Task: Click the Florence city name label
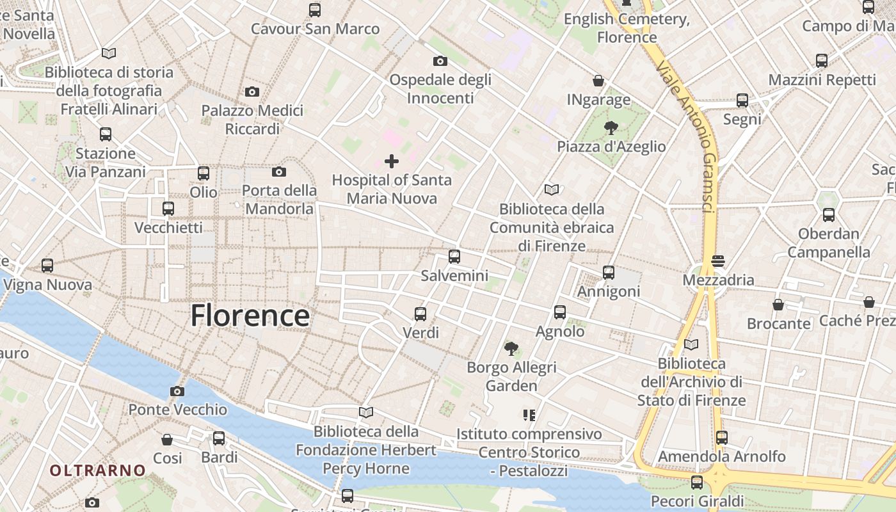[250, 316]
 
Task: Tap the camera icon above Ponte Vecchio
[177, 391]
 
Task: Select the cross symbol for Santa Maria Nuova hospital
[392, 161]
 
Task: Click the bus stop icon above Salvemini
[454, 257]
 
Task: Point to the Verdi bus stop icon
[420, 314]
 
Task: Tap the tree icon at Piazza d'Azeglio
[611, 127]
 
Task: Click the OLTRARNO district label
[98, 471]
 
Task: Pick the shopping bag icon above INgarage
[598, 81]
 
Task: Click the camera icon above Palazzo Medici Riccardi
[252, 92]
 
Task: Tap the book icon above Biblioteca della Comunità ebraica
[552, 189]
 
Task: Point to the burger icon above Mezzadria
[718, 261]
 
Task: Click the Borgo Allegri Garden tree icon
[511, 349]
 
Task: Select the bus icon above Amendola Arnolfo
[722, 438]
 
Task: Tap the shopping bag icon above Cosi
[167, 440]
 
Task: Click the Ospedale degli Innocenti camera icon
[440, 61]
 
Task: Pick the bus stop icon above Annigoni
[609, 273]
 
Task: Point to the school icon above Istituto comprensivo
[529, 415]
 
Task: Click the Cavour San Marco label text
[315, 29]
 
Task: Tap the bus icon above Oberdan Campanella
[829, 215]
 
